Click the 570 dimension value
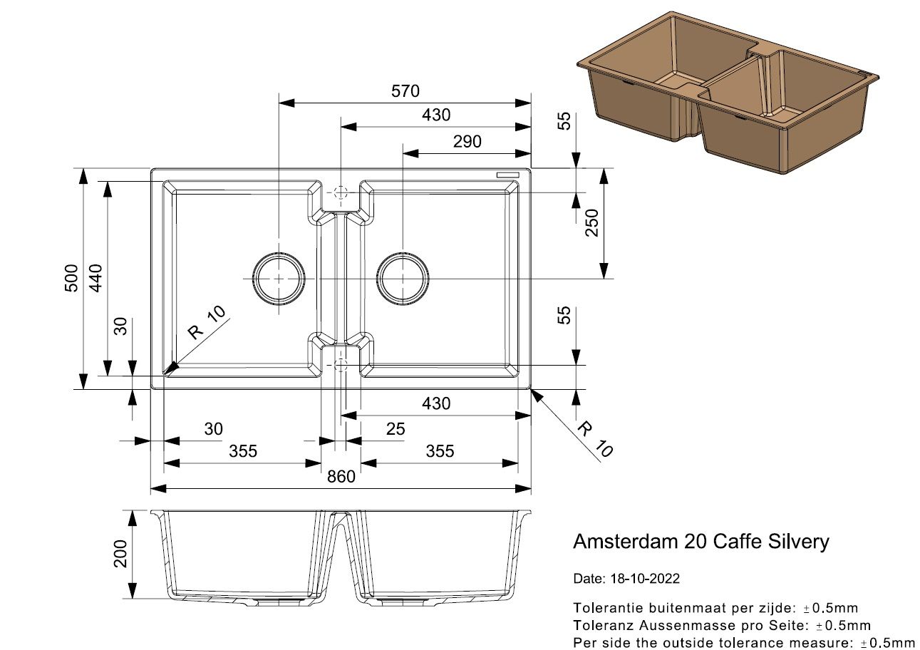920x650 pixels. point(405,91)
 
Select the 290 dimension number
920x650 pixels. point(467,141)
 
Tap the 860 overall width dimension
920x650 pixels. point(341,476)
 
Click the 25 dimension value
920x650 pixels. point(395,428)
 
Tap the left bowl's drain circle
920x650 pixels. point(278,278)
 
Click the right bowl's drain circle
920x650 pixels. point(403,278)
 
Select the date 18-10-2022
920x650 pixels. point(645,579)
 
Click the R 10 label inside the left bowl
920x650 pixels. point(206,323)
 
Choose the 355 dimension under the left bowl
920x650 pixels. point(243,450)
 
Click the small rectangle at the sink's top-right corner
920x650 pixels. point(510,174)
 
